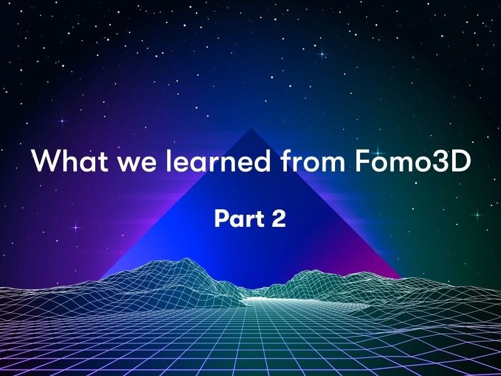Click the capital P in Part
click(x=220, y=219)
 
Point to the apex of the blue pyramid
click(x=250, y=129)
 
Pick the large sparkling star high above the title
click(x=323, y=55)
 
